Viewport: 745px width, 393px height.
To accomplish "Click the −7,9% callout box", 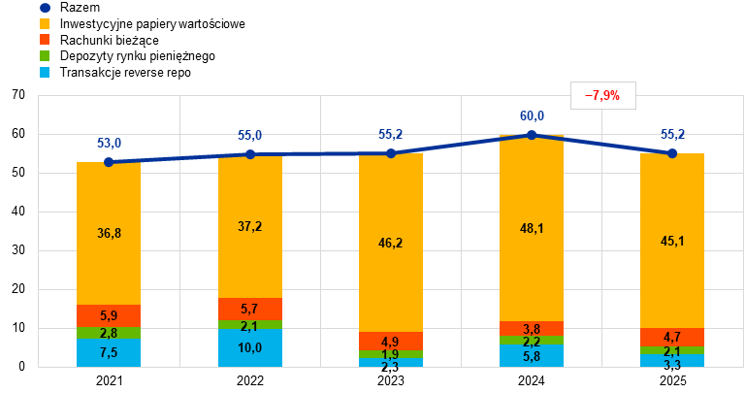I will click(x=602, y=95).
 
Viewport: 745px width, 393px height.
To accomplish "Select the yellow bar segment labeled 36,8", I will click(x=109, y=233).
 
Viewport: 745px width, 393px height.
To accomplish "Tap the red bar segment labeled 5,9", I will click(x=109, y=315).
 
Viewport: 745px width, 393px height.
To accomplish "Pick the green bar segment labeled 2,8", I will click(x=109, y=333).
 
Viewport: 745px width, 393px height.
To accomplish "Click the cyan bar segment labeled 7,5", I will click(x=109, y=352).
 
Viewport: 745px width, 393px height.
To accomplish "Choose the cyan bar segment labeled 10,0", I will click(x=249, y=347).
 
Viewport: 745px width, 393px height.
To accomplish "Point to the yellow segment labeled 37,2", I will click(x=249, y=226).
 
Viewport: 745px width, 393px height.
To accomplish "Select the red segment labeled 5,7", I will click(x=249, y=309).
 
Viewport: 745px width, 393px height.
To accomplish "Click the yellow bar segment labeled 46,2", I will click(x=391, y=243).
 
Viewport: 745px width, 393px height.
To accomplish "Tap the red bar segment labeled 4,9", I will click(x=391, y=342).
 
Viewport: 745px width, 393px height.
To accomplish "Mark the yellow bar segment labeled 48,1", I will click(x=532, y=228).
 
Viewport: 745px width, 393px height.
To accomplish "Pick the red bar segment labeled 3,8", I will click(x=532, y=328).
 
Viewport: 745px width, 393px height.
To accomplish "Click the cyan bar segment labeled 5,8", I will click(x=532, y=356).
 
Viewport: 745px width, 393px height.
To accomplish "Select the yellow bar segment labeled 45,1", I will click(x=672, y=241).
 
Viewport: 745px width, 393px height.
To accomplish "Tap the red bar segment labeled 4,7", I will click(x=672, y=337).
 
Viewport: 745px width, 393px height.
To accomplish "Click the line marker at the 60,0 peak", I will click(x=532, y=135).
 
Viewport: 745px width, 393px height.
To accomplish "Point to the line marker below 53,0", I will click(x=109, y=162).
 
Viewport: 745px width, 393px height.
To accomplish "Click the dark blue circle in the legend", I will click(x=45, y=8).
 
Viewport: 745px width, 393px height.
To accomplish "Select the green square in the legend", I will click(x=45, y=55).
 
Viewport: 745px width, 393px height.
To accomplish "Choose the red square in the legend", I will click(x=45, y=39).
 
